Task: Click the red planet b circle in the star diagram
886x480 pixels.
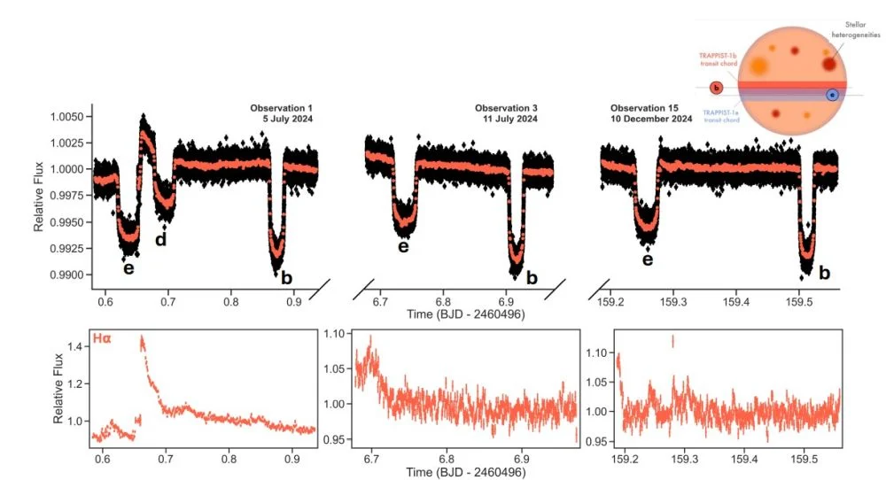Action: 717,88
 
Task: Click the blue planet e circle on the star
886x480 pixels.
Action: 832,95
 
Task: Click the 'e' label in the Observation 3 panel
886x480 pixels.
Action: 403,246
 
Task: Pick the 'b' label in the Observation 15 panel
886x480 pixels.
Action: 824,273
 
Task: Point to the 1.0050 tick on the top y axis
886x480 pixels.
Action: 74,117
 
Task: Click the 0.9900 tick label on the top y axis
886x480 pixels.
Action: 74,275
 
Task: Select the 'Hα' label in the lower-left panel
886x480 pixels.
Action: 102,339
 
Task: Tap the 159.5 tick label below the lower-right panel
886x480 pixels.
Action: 804,461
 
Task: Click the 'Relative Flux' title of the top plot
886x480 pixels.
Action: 39,195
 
